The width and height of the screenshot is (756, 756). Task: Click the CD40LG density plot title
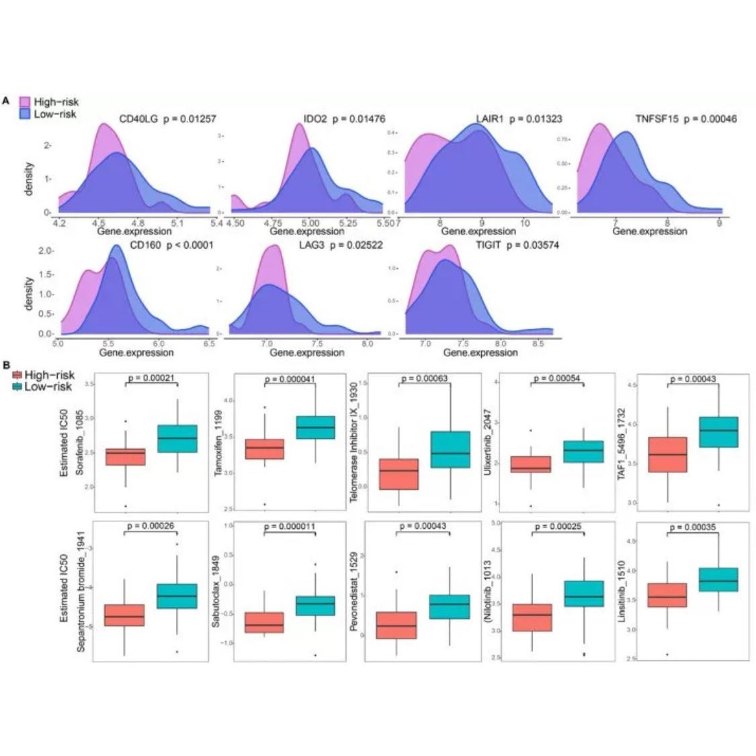coord(167,119)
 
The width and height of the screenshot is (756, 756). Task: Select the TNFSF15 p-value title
coord(685,119)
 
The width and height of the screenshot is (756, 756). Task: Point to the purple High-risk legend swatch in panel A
coord(24,102)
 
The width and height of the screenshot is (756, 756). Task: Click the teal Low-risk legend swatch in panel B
coord(17,386)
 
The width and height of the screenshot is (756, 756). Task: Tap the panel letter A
coord(6,100)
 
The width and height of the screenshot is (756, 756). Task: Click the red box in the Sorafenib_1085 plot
coord(125,457)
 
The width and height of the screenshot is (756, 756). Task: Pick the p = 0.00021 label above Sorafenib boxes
coord(150,378)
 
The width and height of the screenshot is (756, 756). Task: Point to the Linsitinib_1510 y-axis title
coord(623,591)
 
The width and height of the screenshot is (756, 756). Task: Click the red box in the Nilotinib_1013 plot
coord(532,617)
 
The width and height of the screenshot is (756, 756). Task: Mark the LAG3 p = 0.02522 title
coord(341,245)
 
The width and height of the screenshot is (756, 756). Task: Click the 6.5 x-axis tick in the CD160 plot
coord(209,343)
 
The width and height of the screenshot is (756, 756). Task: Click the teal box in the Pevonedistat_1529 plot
coord(450,607)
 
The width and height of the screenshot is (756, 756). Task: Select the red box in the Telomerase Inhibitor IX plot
coord(398,474)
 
